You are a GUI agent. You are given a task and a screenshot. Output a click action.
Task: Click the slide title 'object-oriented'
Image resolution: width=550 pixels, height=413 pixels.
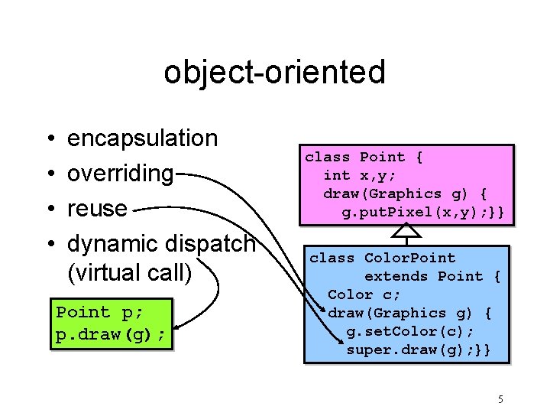pyautogui.click(x=274, y=73)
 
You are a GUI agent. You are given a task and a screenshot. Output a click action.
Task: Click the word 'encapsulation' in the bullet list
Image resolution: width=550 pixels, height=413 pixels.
pyautogui.click(x=143, y=138)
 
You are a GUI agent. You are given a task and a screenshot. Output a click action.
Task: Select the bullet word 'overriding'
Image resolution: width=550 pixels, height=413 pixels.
pyautogui.click(x=121, y=174)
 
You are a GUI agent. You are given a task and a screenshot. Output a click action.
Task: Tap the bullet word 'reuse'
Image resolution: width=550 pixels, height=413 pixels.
pyautogui.click(x=97, y=208)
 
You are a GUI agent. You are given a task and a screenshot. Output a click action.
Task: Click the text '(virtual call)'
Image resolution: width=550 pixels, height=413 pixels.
pyautogui.click(x=130, y=272)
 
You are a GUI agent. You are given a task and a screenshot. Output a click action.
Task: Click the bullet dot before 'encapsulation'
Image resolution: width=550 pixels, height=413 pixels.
pyautogui.click(x=49, y=139)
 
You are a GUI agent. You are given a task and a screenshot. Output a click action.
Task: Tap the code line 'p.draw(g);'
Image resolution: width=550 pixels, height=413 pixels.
pyautogui.click(x=110, y=335)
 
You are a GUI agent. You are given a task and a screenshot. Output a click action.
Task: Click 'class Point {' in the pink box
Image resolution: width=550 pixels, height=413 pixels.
pyautogui.click(x=364, y=158)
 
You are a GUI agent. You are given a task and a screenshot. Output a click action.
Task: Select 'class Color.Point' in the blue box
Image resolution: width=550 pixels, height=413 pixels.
pyautogui.click(x=382, y=258)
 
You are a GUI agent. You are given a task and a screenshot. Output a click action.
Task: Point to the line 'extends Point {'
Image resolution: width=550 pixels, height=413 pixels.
pyautogui.click(x=432, y=276)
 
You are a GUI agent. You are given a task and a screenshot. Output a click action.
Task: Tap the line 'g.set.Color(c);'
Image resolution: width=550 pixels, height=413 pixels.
pyautogui.click(x=410, y=331)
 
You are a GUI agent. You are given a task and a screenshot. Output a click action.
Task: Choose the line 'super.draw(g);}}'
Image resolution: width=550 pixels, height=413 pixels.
pyautogui.click(x=417, y=350)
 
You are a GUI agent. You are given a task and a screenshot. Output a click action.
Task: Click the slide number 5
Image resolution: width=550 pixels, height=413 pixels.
pyautogui.click(x=500, y=398)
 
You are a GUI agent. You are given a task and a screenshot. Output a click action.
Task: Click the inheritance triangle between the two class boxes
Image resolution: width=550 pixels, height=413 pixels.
pyautogui.click(x=410, y=233)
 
